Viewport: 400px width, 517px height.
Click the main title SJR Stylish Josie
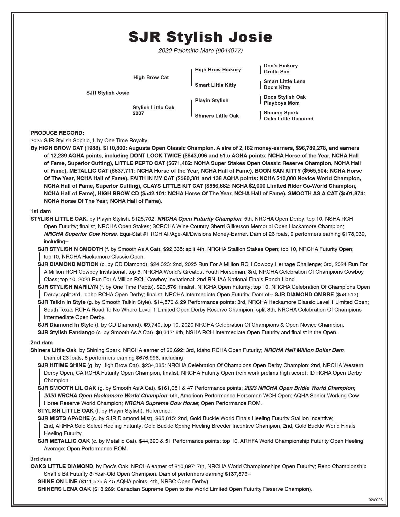pos(200,37)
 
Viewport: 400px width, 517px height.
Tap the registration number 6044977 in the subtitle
pos(229,50)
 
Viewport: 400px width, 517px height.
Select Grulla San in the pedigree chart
pos(276,72)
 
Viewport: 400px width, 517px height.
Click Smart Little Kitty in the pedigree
pos(215,85)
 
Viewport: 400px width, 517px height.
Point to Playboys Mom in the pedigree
pos(282,103)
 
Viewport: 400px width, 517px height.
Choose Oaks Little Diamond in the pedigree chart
pos(288,119)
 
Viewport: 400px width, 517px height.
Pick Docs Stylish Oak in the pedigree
pos(284,97)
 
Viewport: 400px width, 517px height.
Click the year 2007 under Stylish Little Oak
pos(138,113)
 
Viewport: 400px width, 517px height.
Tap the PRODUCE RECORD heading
pos(57,133)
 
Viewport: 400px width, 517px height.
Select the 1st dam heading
pos(41,211)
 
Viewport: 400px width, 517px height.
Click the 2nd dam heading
pos(41,343)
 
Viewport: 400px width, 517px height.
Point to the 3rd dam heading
pos(41,459)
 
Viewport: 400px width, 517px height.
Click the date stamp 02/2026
pos(375,500)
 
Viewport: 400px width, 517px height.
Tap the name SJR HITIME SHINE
pos(62,365)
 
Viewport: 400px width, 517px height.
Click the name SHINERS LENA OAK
pos(64,489)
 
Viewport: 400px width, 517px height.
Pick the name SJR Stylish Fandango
pos(66,332)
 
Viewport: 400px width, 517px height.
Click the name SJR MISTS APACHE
pos(64,418)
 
